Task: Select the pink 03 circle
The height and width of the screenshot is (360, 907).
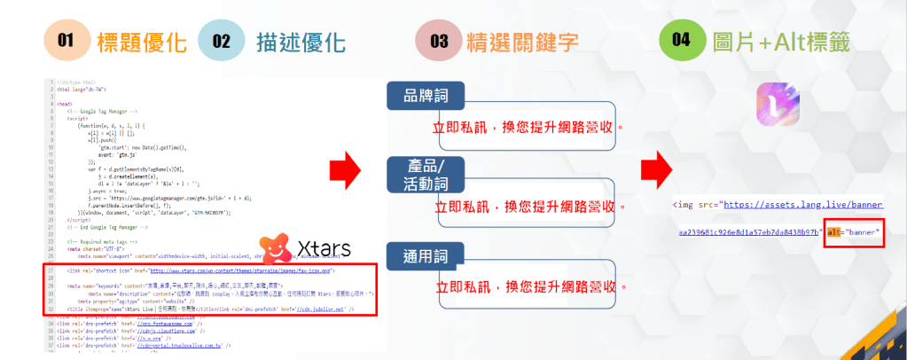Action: pyautogui.click(x=441, y=42)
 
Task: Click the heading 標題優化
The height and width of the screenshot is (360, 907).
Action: pyautogui.click(x=141, y=42)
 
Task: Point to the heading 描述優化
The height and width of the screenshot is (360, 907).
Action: pyautogui.click(x=295, y=42)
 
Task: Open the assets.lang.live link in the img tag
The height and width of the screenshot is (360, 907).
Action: pyautogui.click(x=803, y=205)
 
